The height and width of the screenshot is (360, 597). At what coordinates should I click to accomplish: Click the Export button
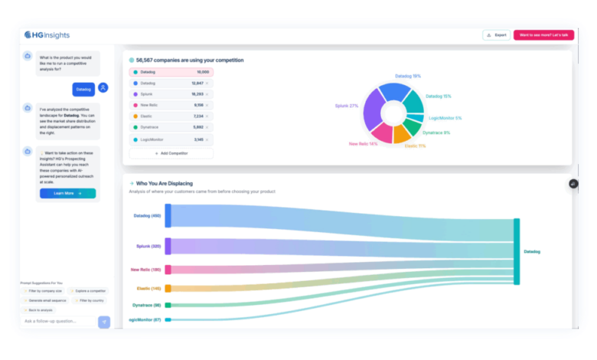point(496,35)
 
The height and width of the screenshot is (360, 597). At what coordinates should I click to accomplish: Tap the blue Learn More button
point(67,193)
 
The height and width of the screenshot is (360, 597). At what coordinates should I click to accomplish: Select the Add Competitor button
point(171,153)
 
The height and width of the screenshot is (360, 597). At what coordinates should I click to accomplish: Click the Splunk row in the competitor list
point(171,93)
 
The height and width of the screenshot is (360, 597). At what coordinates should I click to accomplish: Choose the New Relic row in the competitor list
point(171,105)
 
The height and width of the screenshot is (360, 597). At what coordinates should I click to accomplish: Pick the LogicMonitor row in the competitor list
point(171,139)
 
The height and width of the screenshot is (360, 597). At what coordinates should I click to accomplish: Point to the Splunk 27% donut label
point(347,106)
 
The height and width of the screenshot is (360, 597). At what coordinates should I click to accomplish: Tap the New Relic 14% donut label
point(363,143)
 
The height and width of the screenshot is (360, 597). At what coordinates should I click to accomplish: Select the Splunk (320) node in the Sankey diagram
point(168,247)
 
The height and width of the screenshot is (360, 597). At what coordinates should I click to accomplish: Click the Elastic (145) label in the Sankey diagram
point(148,288)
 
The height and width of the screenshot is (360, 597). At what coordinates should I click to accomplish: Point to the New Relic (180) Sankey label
point(145,270)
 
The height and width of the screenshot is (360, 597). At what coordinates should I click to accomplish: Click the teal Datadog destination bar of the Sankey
point(517,251)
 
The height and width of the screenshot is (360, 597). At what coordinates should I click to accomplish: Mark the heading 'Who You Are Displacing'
point(164,184)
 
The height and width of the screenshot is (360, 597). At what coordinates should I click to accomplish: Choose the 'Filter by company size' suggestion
point(44,291)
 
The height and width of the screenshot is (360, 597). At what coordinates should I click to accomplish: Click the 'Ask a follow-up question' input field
point(58,321)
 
